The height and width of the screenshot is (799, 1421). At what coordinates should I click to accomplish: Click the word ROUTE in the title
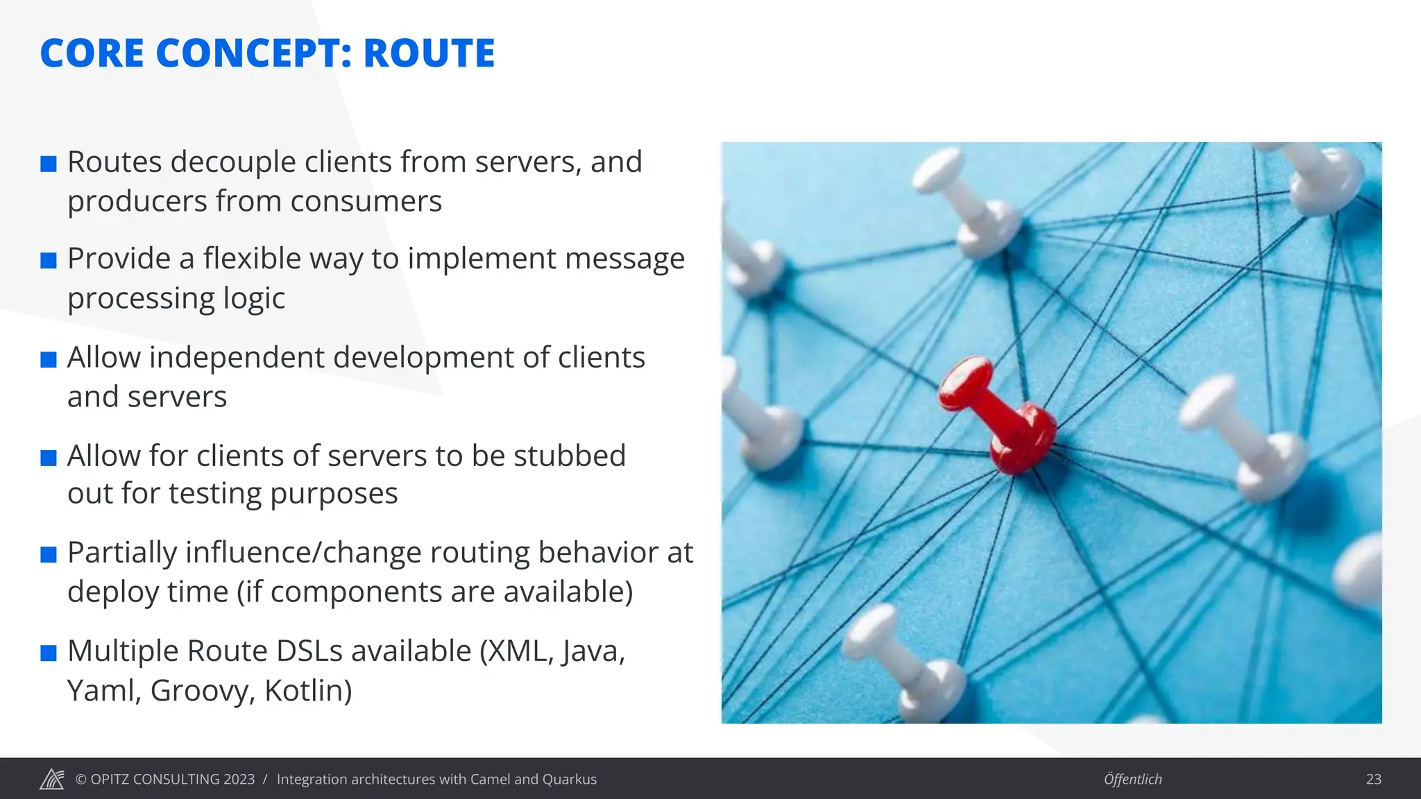[x=429, y=53]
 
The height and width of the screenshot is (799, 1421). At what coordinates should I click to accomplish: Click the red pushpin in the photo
[x=999, y=416]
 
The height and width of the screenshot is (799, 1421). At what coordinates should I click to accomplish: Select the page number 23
[x=1373, y=779]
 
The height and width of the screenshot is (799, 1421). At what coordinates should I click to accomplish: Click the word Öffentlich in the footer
[x=1132, y=779]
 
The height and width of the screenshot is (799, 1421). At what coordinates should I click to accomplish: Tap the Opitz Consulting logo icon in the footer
[x=52, y=779]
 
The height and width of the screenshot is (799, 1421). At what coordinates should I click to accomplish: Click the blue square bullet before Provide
[x=49, y=261]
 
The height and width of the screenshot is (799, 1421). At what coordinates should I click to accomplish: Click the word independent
[x=240, y=358]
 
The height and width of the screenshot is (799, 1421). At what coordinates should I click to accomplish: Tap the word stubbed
[x=569, y=456]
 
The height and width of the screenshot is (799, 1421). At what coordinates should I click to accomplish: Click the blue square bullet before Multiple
[x=49, y=653]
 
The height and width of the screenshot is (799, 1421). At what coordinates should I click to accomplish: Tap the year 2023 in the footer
[x=239, y=779]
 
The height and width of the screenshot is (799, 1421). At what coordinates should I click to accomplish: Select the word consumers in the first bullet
[x=366, y=202]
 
